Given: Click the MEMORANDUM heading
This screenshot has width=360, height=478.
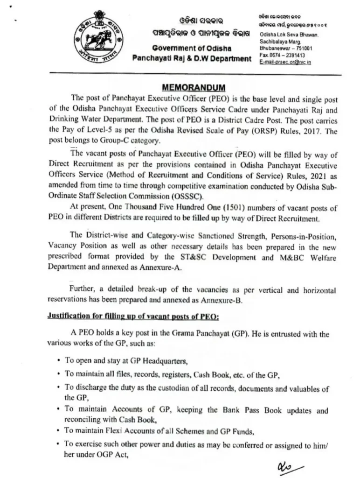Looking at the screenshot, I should click(x=187, y=87).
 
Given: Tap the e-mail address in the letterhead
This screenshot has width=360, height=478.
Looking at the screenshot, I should click(x=285, y=62).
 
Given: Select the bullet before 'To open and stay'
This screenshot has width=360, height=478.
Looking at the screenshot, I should click(x=58, y=360).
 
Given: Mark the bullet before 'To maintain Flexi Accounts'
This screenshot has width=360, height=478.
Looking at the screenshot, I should click(x=58, y=430).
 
